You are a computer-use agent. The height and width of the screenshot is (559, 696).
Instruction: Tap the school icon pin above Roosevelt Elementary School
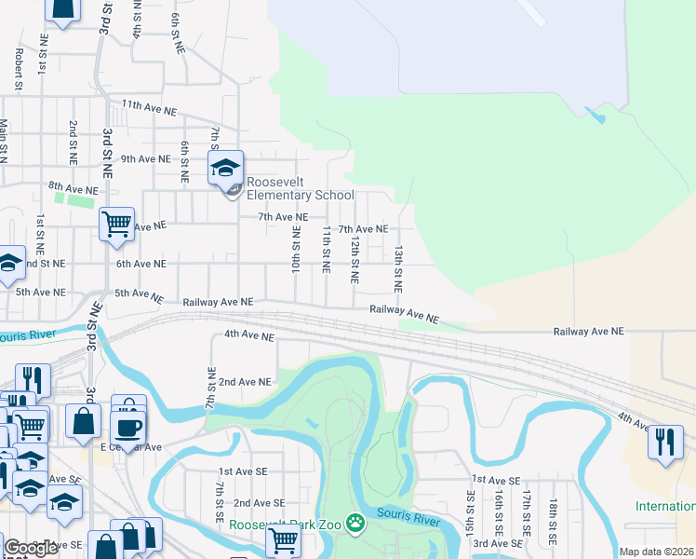pos(224,170)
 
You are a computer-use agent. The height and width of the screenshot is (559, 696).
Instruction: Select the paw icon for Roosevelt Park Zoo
pos(355,525)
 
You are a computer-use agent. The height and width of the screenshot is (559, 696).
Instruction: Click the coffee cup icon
pos(127,428)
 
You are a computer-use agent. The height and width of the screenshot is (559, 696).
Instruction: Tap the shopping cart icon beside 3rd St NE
pos(116,224)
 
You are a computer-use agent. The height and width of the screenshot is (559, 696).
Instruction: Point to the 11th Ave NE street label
pos(148,109)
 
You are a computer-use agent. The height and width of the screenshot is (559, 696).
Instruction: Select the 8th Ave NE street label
pos(74,187)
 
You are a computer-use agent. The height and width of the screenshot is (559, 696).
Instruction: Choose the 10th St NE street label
pos(295,249)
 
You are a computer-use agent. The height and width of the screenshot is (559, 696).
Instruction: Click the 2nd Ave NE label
pos(245,382)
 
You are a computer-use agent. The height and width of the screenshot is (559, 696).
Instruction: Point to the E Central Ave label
pos(131,447)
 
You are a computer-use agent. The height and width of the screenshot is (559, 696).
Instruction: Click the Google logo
pos(31,549)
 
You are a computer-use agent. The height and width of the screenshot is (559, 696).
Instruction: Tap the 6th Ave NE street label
pos(141,264)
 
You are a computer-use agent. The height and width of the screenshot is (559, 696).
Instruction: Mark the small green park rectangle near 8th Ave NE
pos(75,198)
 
